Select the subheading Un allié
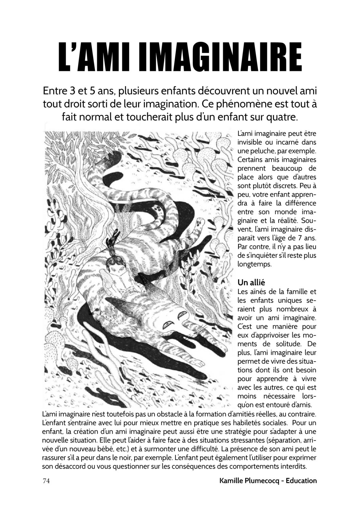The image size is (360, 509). [x=251, y=282]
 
